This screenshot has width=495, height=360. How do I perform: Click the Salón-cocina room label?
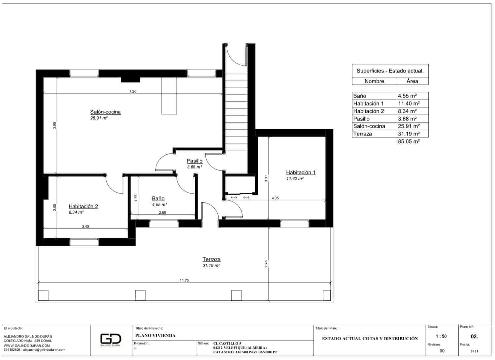click(x=105, y=112)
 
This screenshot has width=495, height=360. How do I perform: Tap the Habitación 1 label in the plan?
click(x=301, y=172)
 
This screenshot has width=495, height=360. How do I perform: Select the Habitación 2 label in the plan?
click(x=83, y=206)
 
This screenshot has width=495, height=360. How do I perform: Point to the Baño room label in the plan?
click(x=158, y=198)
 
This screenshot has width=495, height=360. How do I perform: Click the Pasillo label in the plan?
click(x=194, y=161)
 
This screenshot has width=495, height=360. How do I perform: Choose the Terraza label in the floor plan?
click(x=211, y=259)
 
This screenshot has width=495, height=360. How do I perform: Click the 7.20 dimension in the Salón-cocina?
click(x=132, y=91)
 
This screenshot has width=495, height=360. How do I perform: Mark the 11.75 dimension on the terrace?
click(x=184, y=281)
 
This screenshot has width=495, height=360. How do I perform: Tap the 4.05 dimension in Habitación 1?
click(x=275, y=198)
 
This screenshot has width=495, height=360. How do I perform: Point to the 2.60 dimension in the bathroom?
click(x=162, y=213)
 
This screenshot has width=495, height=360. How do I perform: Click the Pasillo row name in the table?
click(x=361, y=119)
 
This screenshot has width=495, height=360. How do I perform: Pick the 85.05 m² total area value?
click(x=409, y=141)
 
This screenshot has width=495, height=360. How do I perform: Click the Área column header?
click(x=412, y=81)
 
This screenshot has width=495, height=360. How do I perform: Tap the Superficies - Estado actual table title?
click(x=390, y=71)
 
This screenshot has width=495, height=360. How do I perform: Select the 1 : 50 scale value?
click(x=441, y=336)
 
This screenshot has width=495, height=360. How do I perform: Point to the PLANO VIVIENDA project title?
click(x=155, y=336)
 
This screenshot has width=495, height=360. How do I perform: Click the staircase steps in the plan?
click(x=236, y=109)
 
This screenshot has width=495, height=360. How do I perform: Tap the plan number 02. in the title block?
click(x=474, y=337)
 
